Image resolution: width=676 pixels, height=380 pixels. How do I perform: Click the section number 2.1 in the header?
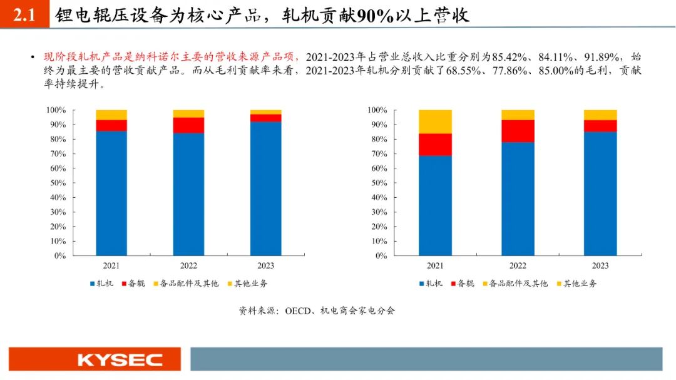(24, 16)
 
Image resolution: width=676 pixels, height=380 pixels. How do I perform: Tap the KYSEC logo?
(120, 360)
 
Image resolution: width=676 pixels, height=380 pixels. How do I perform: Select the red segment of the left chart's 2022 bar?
(188, 125)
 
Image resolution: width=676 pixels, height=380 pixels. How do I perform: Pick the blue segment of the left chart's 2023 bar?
(265, 188)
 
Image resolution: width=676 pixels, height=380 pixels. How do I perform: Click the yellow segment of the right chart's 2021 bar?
(435, 121)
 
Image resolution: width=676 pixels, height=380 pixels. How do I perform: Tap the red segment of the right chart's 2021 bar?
(435, 145)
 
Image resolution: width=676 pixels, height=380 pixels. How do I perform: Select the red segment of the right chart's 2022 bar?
(518, 131)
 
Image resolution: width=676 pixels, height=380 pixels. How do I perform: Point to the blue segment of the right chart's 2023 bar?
(600, 193)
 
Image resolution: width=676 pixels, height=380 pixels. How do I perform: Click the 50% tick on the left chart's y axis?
(57, 183)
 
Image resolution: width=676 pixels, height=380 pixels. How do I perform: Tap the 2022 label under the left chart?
(188, 265)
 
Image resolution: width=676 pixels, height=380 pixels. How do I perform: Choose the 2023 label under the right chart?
(600, 265)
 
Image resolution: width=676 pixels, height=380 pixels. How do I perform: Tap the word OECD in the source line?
(298, 311)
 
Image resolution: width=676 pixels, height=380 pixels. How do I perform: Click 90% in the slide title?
(375, 16)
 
